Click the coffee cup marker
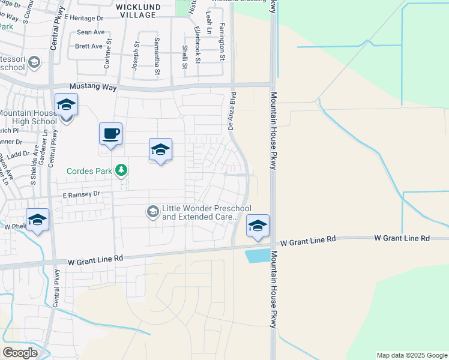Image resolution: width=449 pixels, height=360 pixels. [111, 133]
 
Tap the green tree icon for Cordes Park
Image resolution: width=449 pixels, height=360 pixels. [122, 171]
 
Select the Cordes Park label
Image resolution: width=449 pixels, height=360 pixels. [89, 171]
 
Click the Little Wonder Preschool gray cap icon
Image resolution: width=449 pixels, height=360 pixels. [153, 211]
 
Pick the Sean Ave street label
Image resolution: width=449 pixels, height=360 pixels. [91, 32]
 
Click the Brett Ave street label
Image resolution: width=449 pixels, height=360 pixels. [89, 46]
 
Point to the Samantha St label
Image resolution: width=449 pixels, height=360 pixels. [157, 56]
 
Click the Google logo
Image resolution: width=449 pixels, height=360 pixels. [20, 353]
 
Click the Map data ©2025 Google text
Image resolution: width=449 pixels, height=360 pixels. [411, 355]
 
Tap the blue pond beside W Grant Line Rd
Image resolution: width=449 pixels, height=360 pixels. [258, 255]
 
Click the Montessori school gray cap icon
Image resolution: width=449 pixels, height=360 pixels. [34, 62]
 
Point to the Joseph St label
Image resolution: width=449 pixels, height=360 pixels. [136, 56]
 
